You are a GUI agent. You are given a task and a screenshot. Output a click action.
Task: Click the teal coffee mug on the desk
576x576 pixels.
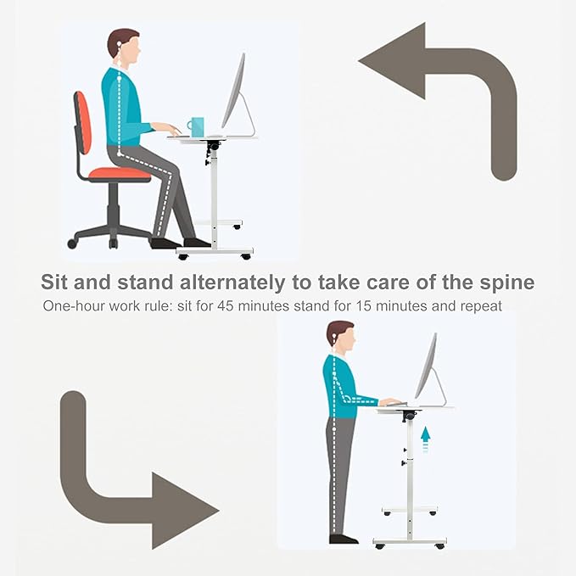196,127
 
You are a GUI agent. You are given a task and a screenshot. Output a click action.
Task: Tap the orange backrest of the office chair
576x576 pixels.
83,123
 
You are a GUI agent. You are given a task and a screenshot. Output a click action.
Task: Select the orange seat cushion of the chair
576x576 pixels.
120,174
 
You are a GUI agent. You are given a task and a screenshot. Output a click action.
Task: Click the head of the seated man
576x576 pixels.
124,48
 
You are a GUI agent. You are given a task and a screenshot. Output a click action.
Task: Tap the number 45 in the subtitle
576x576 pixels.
226,305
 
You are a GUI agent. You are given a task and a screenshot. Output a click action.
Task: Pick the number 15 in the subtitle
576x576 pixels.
364,305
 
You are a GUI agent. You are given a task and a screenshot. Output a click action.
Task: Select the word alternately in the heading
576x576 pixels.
232,282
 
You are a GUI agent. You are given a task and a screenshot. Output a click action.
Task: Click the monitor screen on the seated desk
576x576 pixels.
233,91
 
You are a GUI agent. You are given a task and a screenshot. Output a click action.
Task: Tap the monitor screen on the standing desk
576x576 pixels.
426,366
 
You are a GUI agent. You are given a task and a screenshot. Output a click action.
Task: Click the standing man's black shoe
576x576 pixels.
343,539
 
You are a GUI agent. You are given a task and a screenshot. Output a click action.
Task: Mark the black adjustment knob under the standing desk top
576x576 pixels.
409,417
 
